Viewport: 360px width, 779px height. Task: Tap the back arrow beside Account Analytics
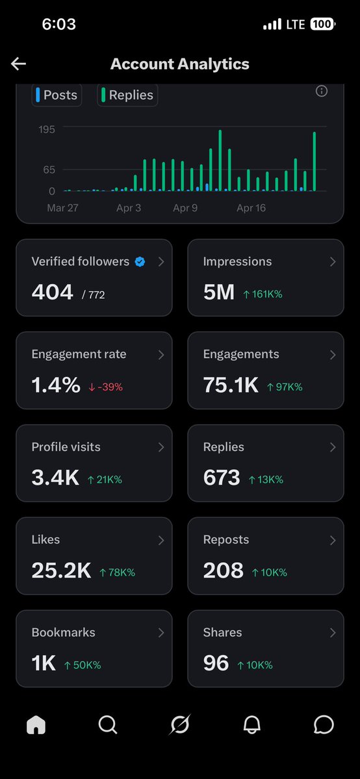click(x=18, y=64)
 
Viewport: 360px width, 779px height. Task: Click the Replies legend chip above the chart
click(x=127, y=95)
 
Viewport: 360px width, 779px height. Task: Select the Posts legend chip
click(x=57, y=95)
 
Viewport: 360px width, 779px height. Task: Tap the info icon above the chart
click(x=321, y=91)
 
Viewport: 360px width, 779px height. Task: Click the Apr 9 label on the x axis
click(x=185, y=208)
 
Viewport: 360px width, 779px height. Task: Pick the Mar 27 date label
click(x=62, y=208)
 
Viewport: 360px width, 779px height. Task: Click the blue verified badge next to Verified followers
click(x=140, y=262)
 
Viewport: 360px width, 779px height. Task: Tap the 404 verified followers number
click(x=52, y=292)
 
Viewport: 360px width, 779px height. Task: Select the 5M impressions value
click(x=218, y=292)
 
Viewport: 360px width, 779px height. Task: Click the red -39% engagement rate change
click(x=105, y=387)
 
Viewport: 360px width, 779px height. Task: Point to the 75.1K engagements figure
click(x=231, y=385)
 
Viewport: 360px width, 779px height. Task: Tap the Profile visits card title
click(x=66, y=447)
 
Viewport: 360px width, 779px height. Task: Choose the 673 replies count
click(x=222, y=478)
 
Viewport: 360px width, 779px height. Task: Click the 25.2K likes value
click(x=61, y=571)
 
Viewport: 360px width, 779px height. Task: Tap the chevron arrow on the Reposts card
click(x=333, y=540)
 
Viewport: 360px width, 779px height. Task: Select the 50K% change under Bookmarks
click(x=83, y=665)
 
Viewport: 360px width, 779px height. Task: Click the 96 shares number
click(x=216, y=663)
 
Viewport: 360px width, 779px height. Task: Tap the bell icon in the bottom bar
click(x=251, y=725)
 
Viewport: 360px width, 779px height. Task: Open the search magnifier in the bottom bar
click(x=108, y=725)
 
